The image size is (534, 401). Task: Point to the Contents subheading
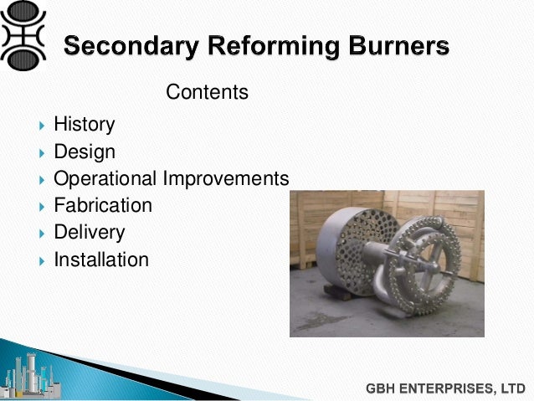(207, 91)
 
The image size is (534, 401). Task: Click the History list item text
(84, 125)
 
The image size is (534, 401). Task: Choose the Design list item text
(85, 152)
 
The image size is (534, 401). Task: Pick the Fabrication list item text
(103, 205)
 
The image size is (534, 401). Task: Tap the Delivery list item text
(89, 232)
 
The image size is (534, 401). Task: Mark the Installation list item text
(100, 260)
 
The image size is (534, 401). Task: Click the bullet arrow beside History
(42, 126)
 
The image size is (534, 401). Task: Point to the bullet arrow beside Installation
(42, 260)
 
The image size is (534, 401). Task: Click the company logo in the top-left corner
(26, 34)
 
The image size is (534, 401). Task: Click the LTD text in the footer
(511, 388)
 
